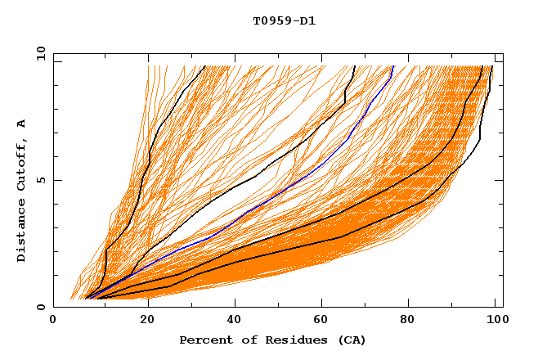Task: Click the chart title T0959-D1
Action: point(284,21)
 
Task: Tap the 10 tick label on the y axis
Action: point(38,52)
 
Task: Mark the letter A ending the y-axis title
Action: point(22,124)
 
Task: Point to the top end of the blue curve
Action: point(393,66)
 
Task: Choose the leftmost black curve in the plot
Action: point(141,188)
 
